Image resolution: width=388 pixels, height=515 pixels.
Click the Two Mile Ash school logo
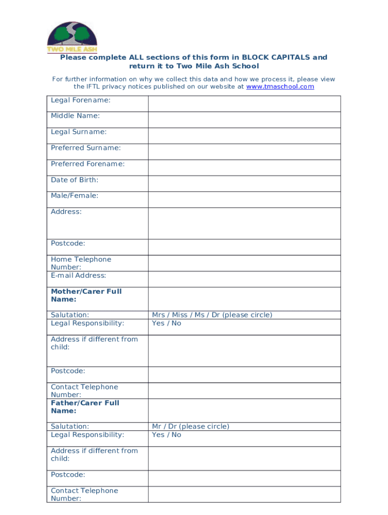click(x=72, y=37)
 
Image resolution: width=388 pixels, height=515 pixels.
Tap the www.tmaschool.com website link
click(x=280, y=87)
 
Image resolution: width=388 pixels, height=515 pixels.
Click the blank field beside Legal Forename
click(x=244, y=104)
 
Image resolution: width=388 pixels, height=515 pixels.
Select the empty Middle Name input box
click(x=244, y=120)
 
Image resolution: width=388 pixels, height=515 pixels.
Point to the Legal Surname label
click(x=79, y=132)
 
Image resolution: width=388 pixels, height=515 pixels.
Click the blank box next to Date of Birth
click(x=244, y=184)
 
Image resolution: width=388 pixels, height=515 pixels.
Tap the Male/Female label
click(x=75, y=196)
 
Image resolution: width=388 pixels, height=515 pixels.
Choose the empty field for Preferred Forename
click(x=244, y=167)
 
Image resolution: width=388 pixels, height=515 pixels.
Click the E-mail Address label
click(x=79, y=276)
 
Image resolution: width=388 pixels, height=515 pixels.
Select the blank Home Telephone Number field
click(x=244, y=263)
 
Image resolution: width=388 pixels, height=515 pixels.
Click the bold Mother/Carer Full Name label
click(x=86, y=295)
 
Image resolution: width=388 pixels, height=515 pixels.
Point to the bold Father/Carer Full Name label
click(x=85, y=407)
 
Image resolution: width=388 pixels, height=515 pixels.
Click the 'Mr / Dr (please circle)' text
click(x=190, y=426)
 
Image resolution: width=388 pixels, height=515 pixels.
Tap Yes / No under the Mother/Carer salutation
click(x=166, y=323)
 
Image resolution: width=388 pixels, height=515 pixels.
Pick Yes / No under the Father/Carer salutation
click(x=166, y=435)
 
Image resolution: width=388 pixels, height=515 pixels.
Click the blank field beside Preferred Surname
click(x=244, y=151)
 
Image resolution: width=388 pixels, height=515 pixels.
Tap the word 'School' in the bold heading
click(x=246, y=66)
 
